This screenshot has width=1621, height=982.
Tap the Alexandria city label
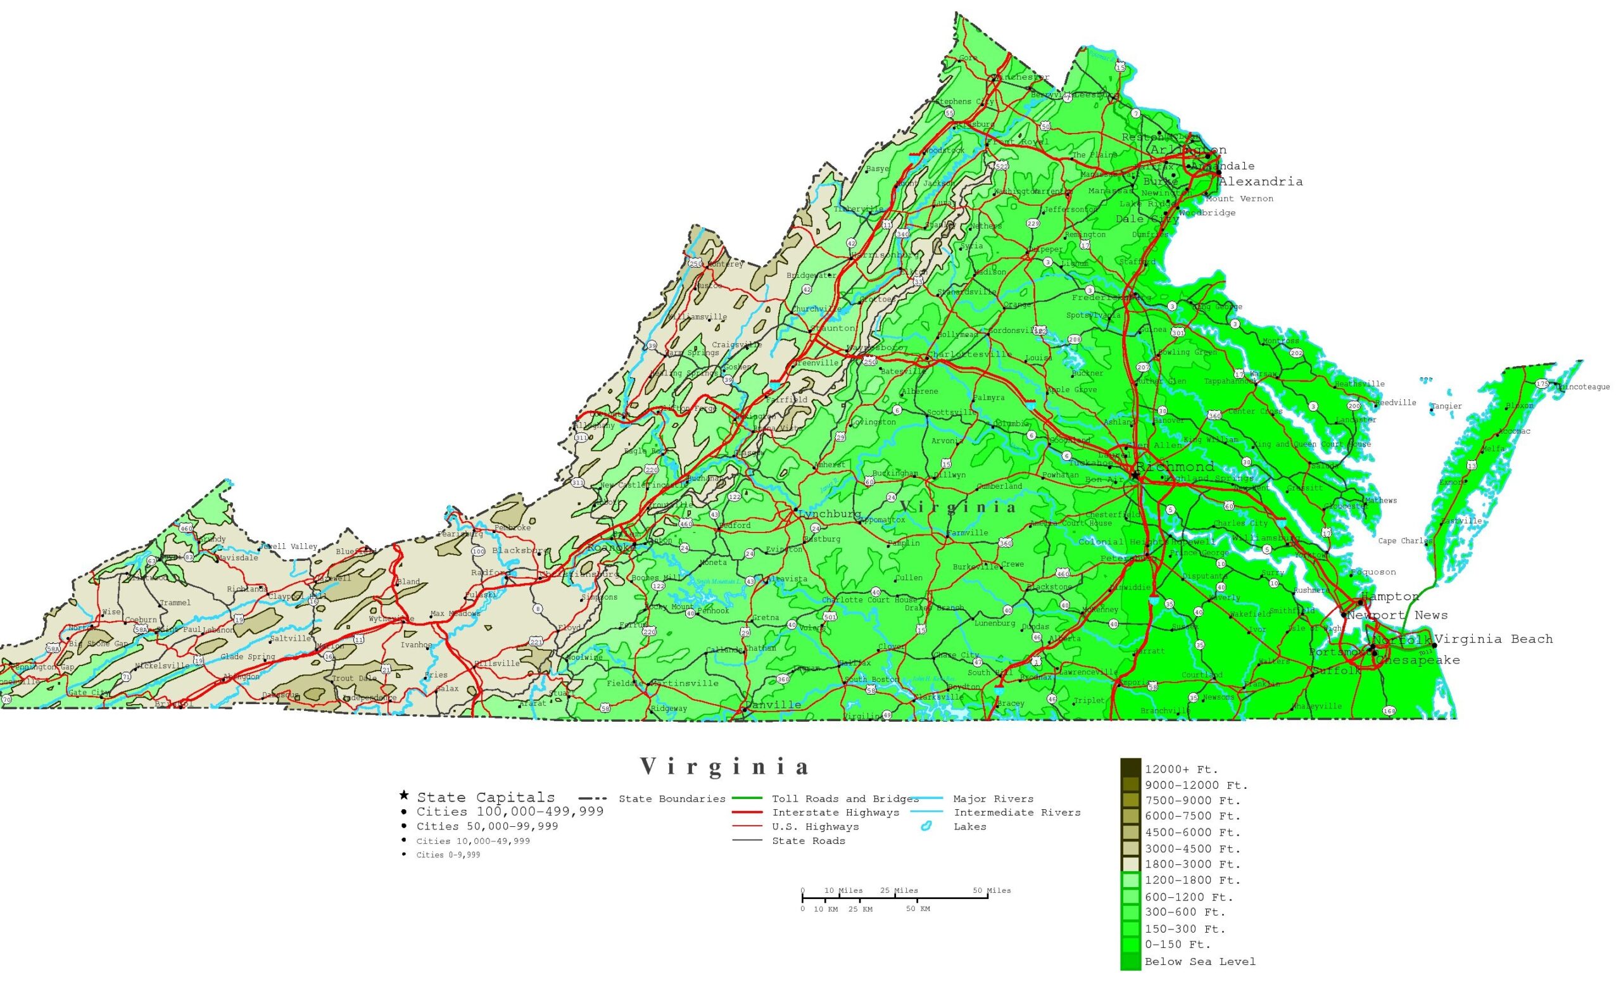(x=1260, y=182)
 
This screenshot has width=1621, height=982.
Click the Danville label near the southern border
(x=774, y=705)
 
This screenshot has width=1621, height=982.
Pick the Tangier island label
(x=1447, y=406)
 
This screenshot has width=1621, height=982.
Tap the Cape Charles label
(x=1404, y=541)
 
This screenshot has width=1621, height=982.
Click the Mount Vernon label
(x=1239, y=199)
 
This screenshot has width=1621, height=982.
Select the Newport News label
(x=1397, y=615)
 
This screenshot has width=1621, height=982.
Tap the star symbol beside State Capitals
(x=404, y=796)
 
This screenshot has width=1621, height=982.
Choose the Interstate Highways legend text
(x=835, y=813)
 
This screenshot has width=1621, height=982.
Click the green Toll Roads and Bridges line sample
(x=746, y=798)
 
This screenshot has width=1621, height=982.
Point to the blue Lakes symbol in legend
(x=926, y=827)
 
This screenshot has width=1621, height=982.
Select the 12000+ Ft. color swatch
(x=1131, y=767)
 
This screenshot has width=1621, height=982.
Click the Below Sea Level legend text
(x=1199, y=962)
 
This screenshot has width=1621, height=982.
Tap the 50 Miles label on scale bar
(x=992, y=891)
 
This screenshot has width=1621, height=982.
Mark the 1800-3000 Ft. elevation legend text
(x=1192, y=864)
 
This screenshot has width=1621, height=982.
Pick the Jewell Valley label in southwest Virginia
(x=288, y=546)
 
